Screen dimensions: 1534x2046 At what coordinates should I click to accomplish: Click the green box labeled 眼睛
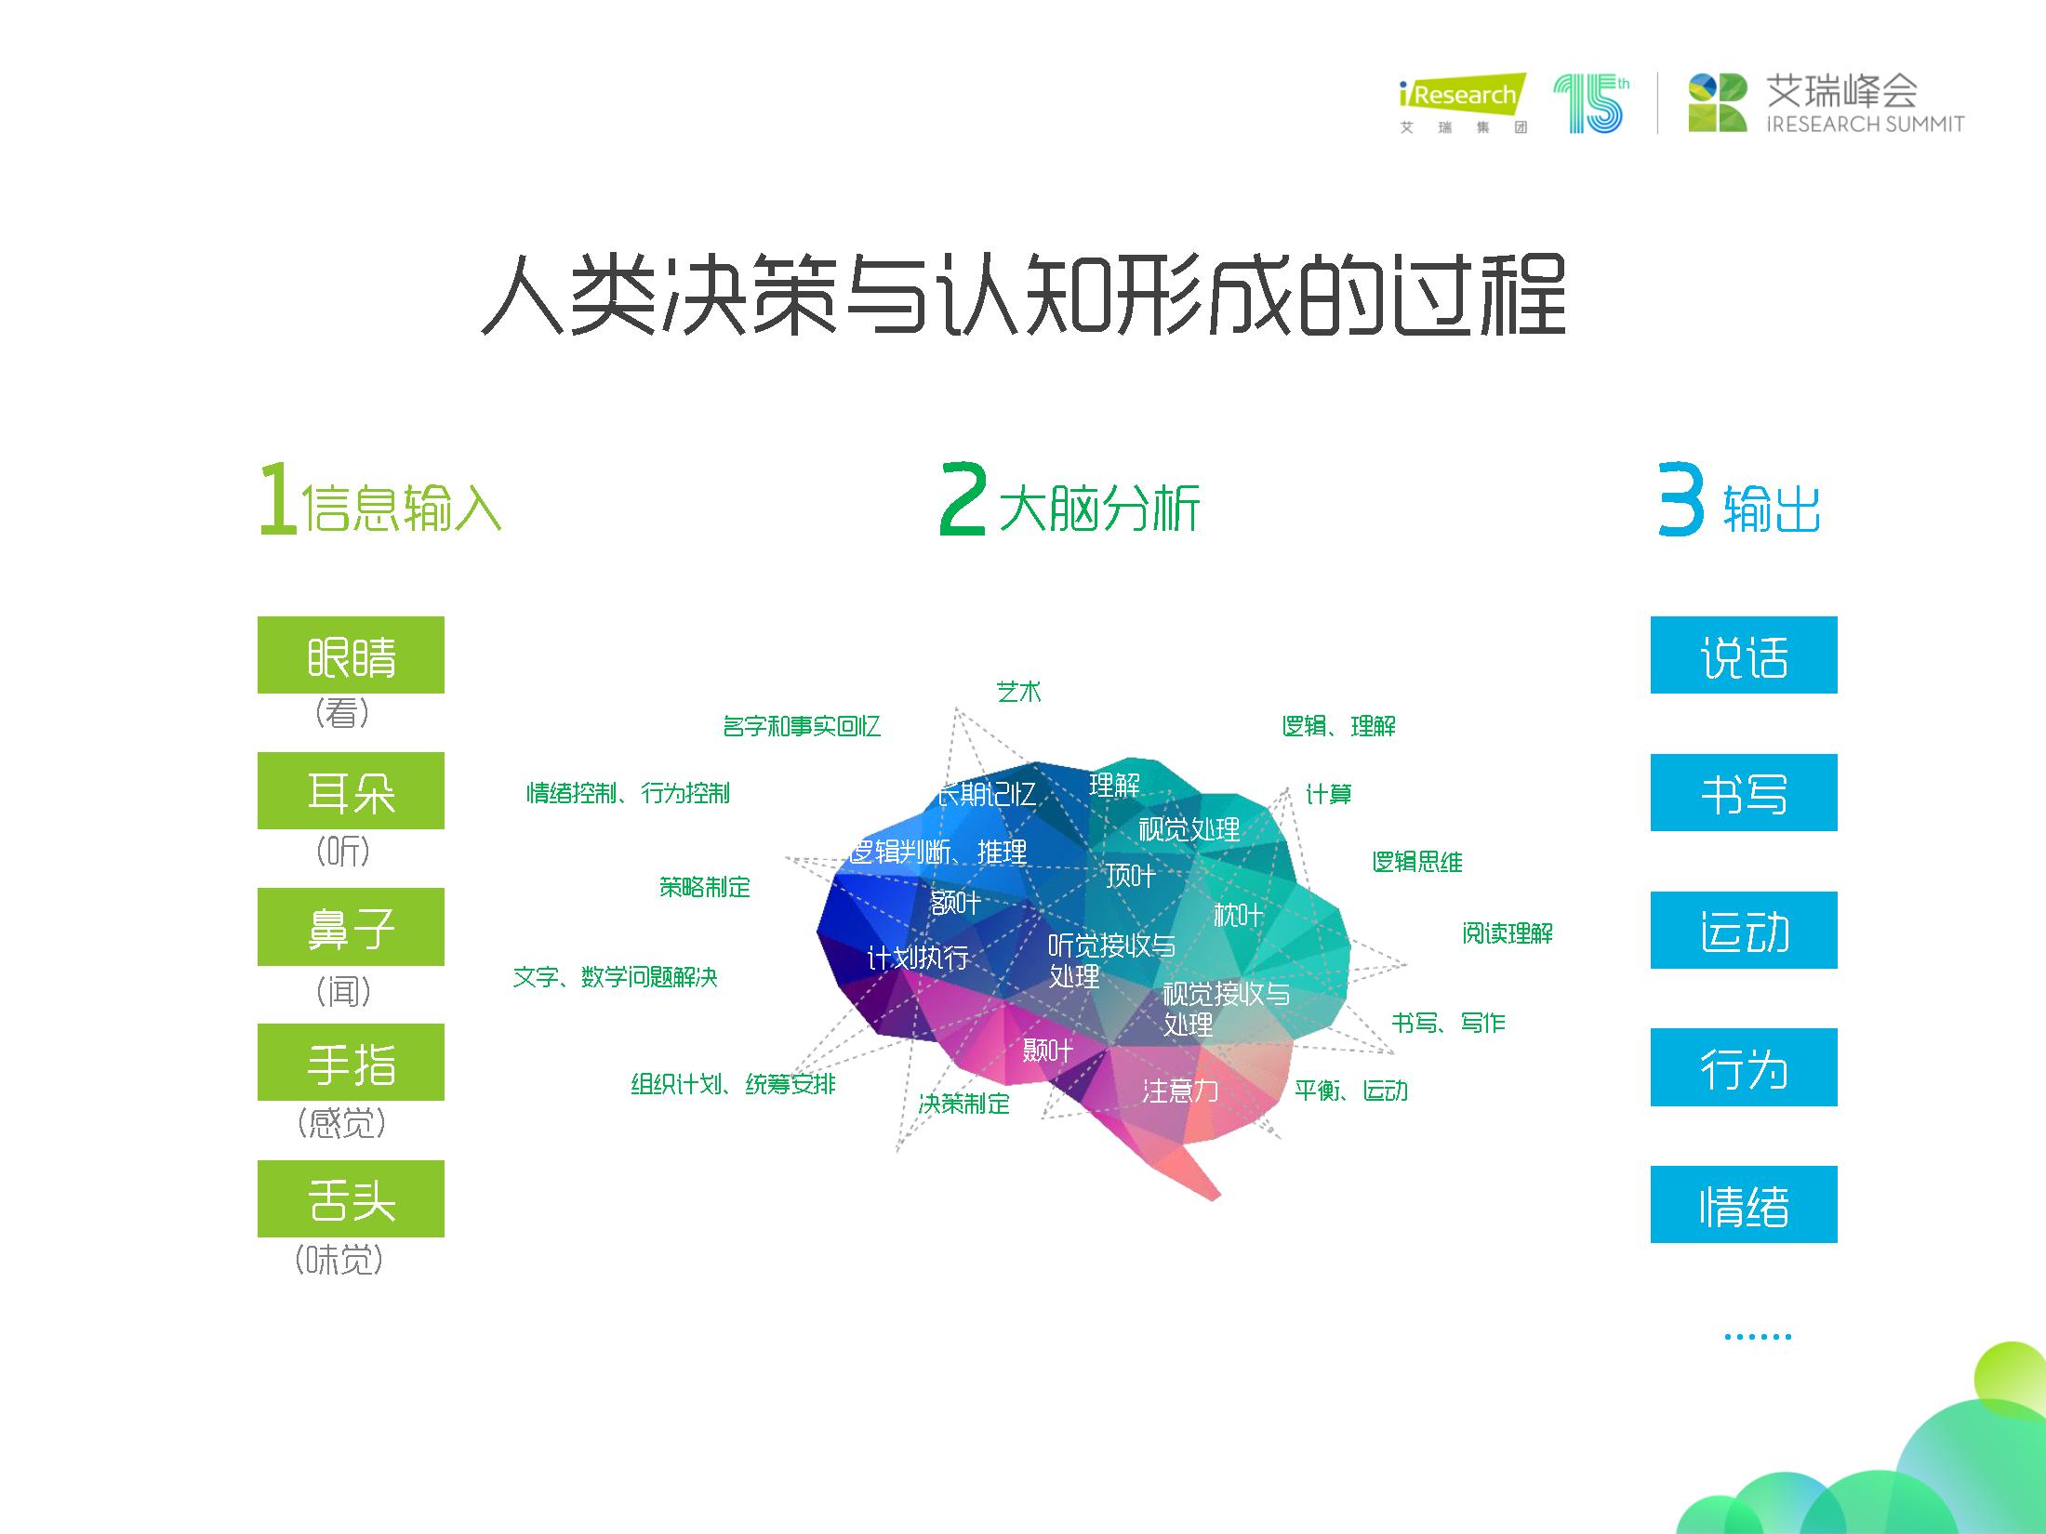tap(351, 655)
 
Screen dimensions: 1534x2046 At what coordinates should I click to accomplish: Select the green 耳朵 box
tap(351, 790)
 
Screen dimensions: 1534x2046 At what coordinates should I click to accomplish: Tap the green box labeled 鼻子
tap(351, 927)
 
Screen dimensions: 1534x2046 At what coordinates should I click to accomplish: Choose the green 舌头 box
tap(351, 1198)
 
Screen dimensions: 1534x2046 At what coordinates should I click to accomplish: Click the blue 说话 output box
tap(1744, 655)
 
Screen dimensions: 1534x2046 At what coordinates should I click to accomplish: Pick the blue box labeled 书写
tap(1744, 792)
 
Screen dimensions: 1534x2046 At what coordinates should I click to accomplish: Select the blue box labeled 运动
tap(1744, 930)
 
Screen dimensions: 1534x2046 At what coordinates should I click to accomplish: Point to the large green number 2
tap(962, 500)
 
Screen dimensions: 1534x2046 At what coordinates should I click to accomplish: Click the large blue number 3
tap(1681, 500)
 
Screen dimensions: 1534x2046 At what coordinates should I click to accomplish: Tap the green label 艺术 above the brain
tap(1018, 692)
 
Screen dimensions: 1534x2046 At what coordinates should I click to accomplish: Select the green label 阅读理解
tap(1507, 933)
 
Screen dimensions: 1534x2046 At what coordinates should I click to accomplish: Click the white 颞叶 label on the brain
tap(1047, 1051)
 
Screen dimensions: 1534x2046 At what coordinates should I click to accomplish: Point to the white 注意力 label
tap(1179, 1091)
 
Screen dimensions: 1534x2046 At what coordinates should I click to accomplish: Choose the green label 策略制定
tap(704, 887)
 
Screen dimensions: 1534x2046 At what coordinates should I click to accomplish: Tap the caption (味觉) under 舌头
tap(339, 1261)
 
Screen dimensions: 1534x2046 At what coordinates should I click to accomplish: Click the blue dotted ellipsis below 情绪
tap(1757, 1337)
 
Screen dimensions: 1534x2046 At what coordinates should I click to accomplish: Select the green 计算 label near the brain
tap(1328, 794)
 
